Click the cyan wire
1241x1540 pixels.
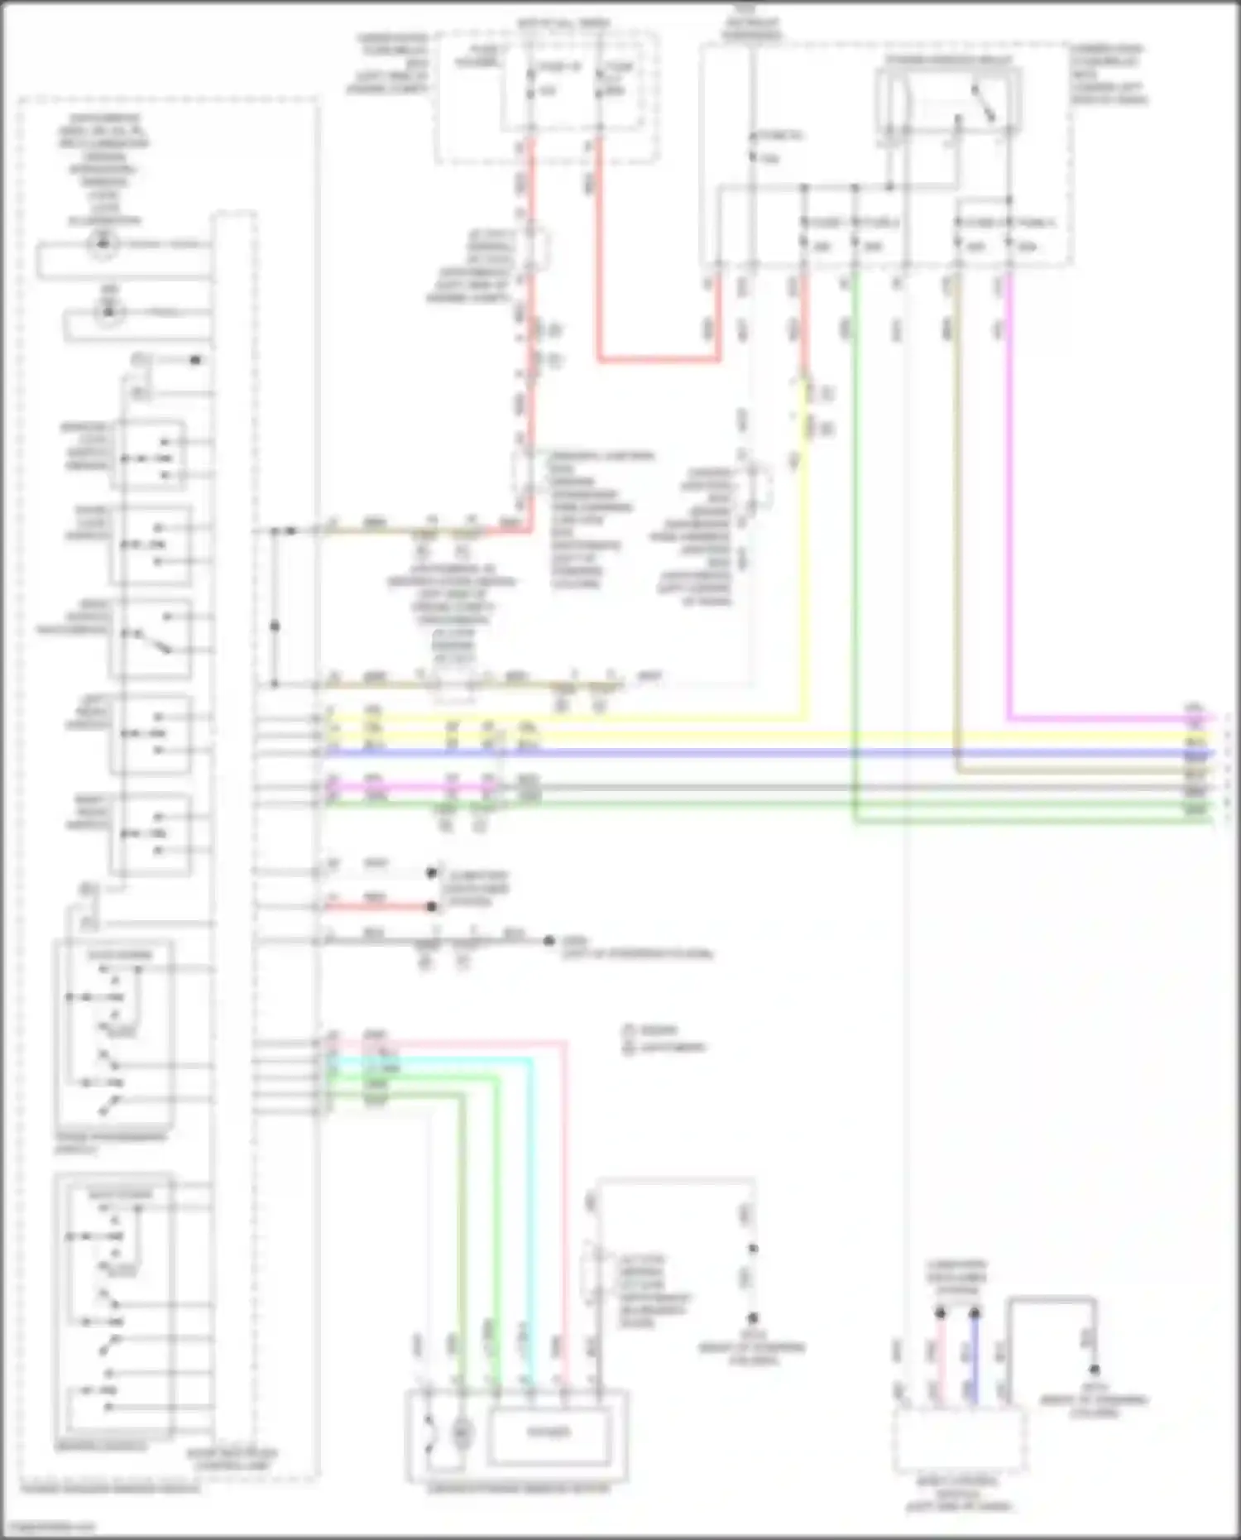point(530,1200)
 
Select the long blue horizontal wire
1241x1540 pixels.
point(745,753)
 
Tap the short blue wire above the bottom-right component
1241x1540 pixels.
point(975,1357)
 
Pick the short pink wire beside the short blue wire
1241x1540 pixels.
point(940,1357)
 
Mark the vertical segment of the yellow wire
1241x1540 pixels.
point(803,579)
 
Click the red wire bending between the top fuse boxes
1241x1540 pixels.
point(654,360)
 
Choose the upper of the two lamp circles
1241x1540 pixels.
point(103,243)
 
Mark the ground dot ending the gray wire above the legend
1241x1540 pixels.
point(549,941)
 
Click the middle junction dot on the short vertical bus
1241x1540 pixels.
point(275,626)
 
